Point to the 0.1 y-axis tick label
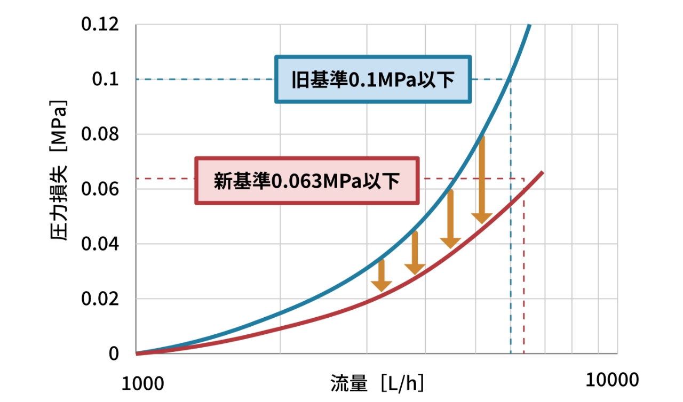point(105,79)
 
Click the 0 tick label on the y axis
point(114,354)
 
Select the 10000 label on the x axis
point(613,380)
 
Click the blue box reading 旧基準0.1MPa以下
point(373,79)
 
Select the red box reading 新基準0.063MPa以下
point(307,181)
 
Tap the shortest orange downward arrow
point(381,275)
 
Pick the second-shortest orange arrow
point(415,253)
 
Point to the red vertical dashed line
point(524,267)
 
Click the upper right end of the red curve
point(542,172)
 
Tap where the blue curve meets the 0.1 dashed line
point(511,79)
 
